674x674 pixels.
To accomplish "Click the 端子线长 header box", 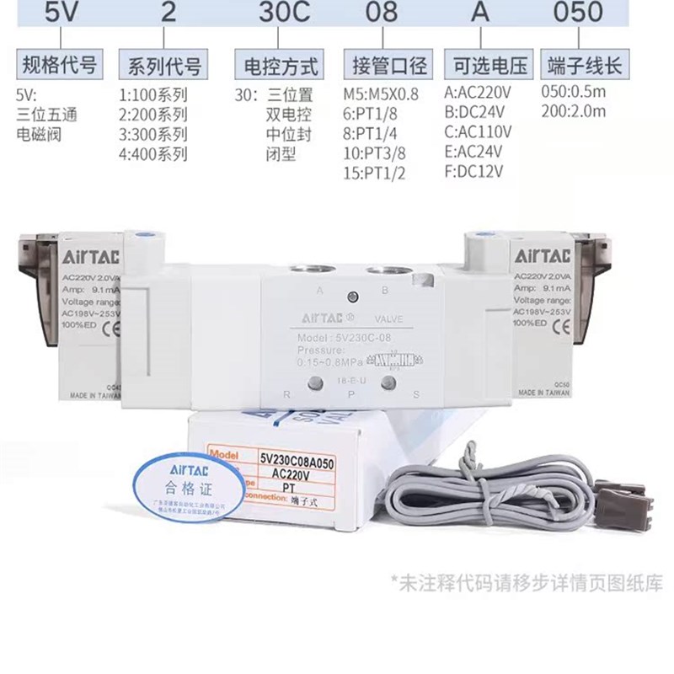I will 584,65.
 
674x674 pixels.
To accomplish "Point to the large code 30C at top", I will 277,13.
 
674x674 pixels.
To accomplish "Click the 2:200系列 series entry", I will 152,114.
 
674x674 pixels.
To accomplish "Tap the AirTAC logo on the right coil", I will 543,254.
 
